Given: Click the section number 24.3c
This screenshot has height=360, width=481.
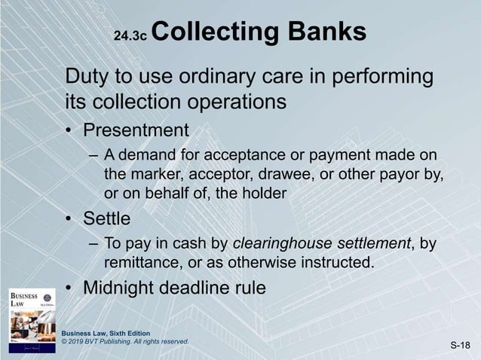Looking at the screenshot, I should (x=132, y=35).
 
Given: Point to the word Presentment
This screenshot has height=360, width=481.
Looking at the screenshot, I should (x=136, y=130).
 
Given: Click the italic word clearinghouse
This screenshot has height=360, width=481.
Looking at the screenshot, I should (x=281, y=245).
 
